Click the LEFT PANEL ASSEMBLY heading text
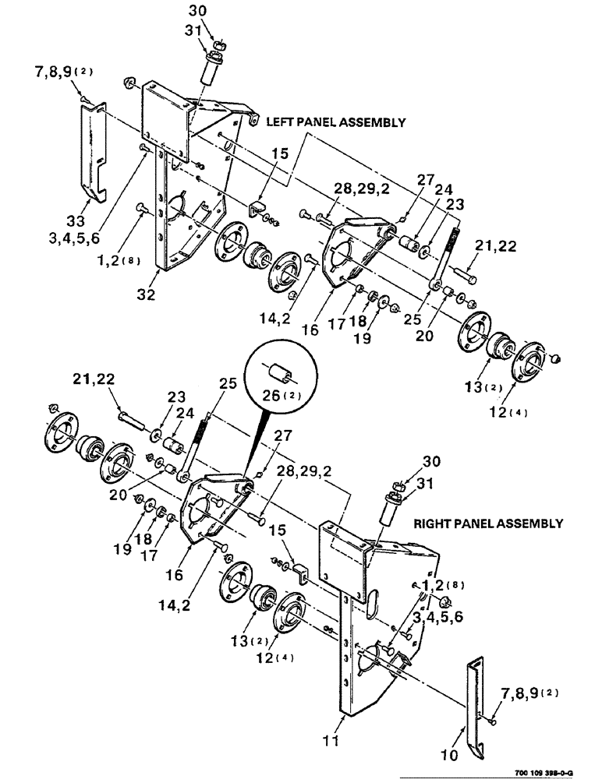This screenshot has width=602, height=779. (336, 122)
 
